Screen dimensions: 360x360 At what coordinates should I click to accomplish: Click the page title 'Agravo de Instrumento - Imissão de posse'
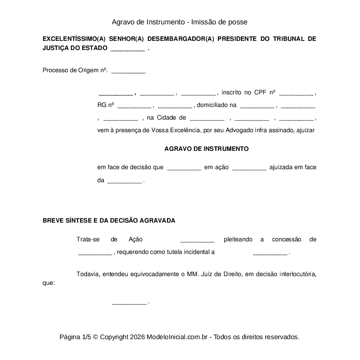click(179, 22)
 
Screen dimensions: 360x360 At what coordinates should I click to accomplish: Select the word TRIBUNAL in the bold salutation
click(289, 39)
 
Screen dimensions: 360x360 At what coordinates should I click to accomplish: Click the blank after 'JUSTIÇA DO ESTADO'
click(127, 49)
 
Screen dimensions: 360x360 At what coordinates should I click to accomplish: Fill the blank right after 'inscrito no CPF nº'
click(296, 93)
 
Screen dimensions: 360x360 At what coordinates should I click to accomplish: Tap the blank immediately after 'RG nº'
click(134, 105)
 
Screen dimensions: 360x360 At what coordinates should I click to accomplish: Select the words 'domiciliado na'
click(217, 105)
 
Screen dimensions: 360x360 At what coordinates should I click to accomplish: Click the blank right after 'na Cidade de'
click(207, 118)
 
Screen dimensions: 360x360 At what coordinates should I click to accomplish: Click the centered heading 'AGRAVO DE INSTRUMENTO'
click(207, 149)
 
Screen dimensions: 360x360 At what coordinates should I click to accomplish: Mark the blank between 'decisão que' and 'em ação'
click(183, 167)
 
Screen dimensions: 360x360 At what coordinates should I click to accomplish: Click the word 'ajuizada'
click(281, 167)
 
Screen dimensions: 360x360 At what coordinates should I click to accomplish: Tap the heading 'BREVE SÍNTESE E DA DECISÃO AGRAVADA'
click(109, 220)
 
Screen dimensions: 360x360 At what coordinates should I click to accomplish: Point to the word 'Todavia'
click(87, 274)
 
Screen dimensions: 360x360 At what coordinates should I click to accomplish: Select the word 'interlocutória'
click(297, 274)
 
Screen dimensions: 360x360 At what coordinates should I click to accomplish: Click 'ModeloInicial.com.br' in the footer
click(178, 337)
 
